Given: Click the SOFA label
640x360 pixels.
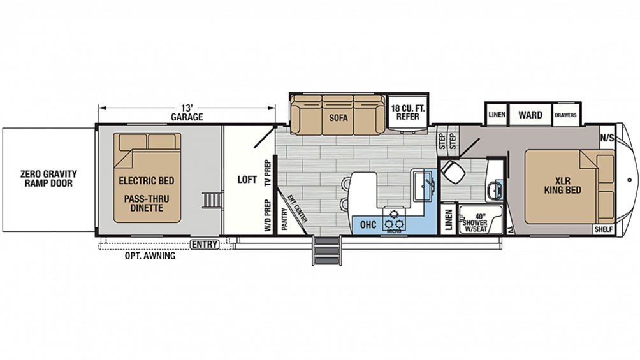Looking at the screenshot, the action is (338, 118).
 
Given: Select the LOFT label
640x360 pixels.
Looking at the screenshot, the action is (247, 180).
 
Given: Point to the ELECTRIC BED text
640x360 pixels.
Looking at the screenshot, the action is (147, 180).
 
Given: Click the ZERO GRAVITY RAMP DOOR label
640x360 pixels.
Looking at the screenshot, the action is (48, 178).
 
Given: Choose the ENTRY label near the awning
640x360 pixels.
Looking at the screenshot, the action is (205, 245).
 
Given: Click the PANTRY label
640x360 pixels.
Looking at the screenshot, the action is (285, 219).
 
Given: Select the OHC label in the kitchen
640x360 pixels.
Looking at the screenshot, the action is (368, 224).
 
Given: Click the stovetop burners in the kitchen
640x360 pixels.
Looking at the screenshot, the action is (395, 220).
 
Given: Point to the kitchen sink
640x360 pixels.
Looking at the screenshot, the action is (423, 185).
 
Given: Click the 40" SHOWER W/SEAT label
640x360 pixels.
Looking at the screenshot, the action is (475, 222).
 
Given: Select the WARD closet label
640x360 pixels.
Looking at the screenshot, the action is (530, 115).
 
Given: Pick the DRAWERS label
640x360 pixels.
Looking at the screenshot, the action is (565, 115).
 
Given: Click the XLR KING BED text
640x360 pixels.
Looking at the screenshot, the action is (562, 185).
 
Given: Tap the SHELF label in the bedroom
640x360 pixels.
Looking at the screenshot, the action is (604, 229).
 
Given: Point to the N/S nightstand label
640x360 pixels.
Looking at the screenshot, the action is (606, 138).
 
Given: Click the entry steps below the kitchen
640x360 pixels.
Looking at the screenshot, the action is (326, 250).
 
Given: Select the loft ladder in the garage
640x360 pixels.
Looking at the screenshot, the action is (211, 200).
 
